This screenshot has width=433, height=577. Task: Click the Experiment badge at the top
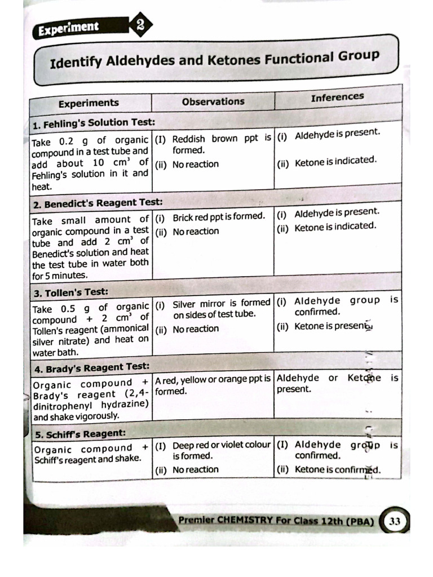click(x=68, y=27)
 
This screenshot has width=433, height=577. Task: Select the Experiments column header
click(x=89, y=103)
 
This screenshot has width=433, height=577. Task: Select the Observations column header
click(x=213, y=101)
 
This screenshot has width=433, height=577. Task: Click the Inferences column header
click(x=337, y=97)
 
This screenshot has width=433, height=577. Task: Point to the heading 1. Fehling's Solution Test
click(x=94, y=122)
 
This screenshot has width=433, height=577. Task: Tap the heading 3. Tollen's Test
click(x=71, y=292)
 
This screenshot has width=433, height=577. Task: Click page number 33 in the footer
click(x=395, y=522)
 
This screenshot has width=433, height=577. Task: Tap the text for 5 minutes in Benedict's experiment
click(x=60, y=276)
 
